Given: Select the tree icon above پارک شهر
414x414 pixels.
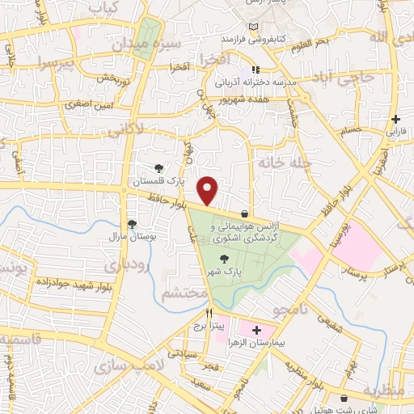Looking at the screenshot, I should pos(224,259).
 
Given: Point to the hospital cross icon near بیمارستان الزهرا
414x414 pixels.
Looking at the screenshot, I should pos(257,330).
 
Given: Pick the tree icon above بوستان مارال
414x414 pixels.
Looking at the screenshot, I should pos(132,224).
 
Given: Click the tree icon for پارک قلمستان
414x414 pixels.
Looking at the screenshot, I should pos(159,168).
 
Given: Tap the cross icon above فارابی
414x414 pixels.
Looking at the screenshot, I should pos(395,119).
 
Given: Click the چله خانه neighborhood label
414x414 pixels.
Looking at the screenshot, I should pos(284,163).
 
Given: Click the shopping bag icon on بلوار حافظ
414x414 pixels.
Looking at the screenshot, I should pos(244,213).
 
